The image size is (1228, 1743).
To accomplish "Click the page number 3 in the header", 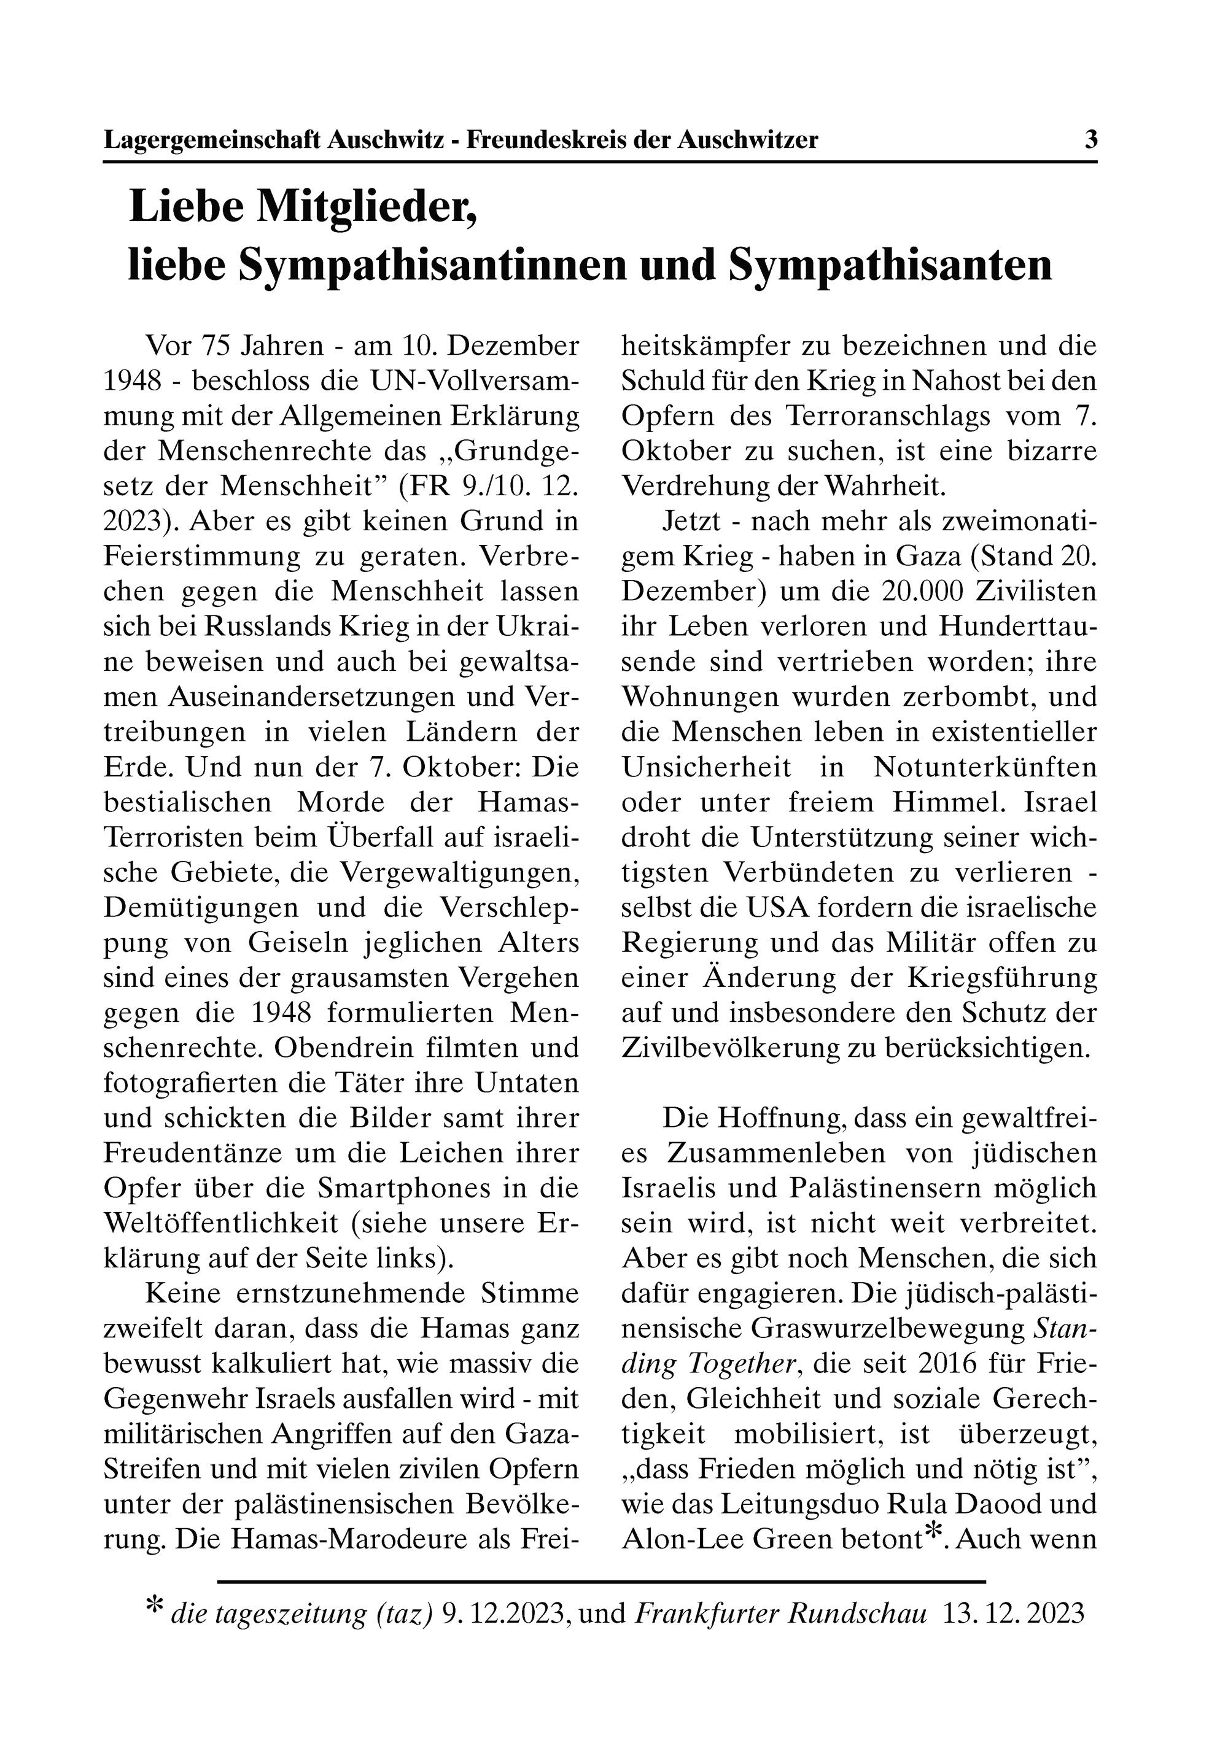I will click(x=1090, y=140).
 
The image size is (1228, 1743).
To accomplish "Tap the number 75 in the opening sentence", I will click(x=215, y=346).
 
